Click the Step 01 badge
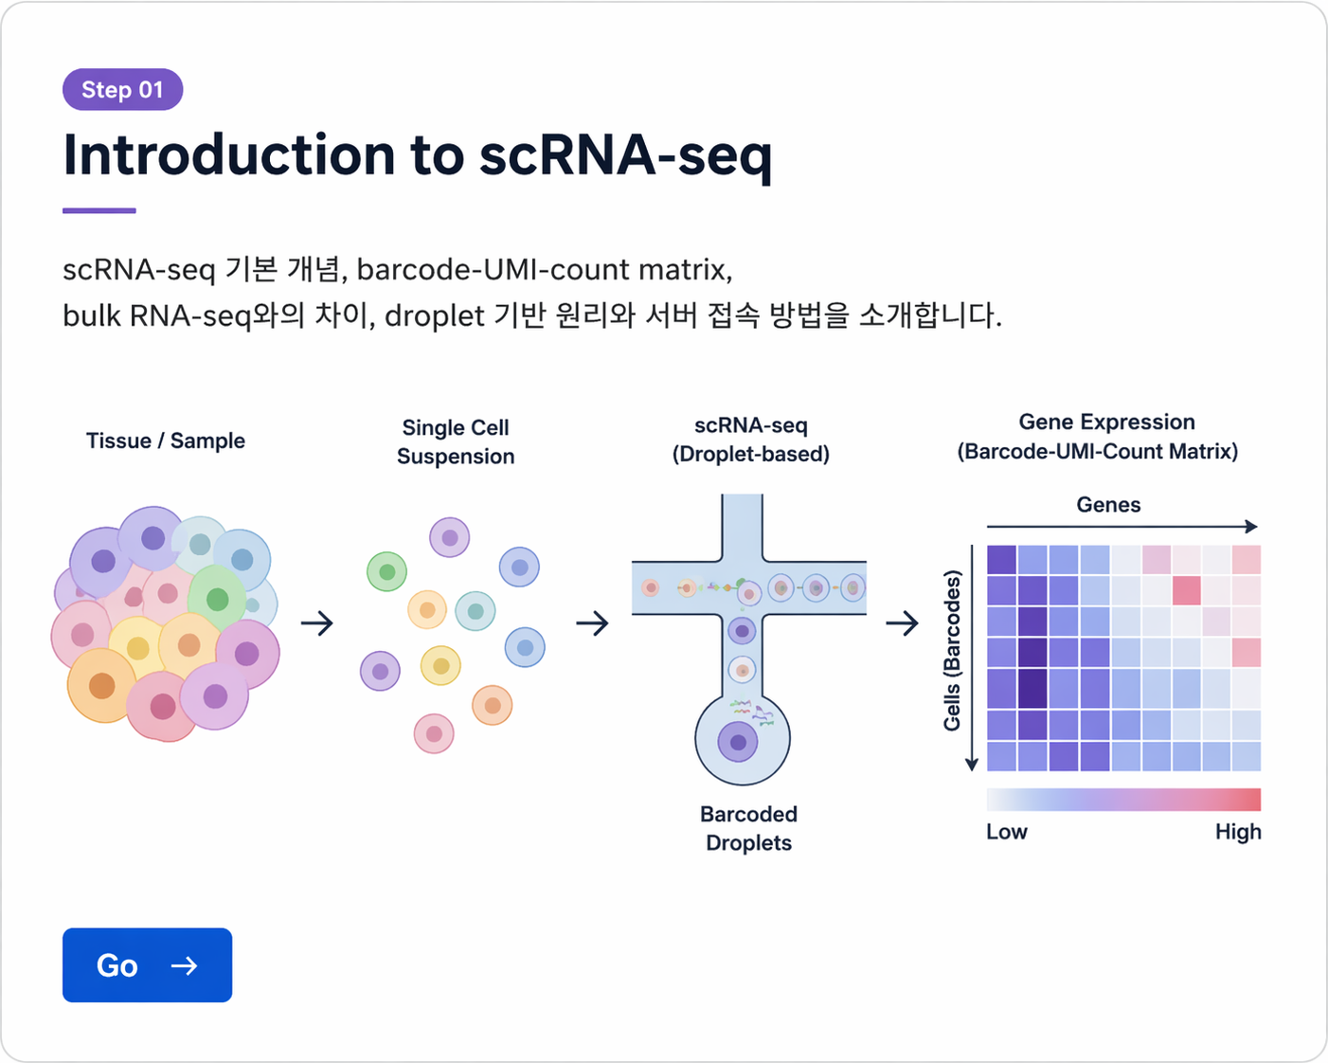122,90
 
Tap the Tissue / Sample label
166,441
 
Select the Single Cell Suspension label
456,441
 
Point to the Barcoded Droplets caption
748,828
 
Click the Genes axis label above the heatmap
1108,505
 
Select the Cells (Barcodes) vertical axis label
952,650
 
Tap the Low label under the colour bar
1006,832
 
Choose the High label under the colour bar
1237,832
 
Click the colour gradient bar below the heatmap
1123,800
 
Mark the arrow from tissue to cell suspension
317,623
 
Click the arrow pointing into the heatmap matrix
902,623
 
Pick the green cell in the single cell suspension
386,572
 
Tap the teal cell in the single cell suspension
476,611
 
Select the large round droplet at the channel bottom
742,740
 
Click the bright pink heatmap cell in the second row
1186,590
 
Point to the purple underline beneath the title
99,210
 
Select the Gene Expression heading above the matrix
1106,423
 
